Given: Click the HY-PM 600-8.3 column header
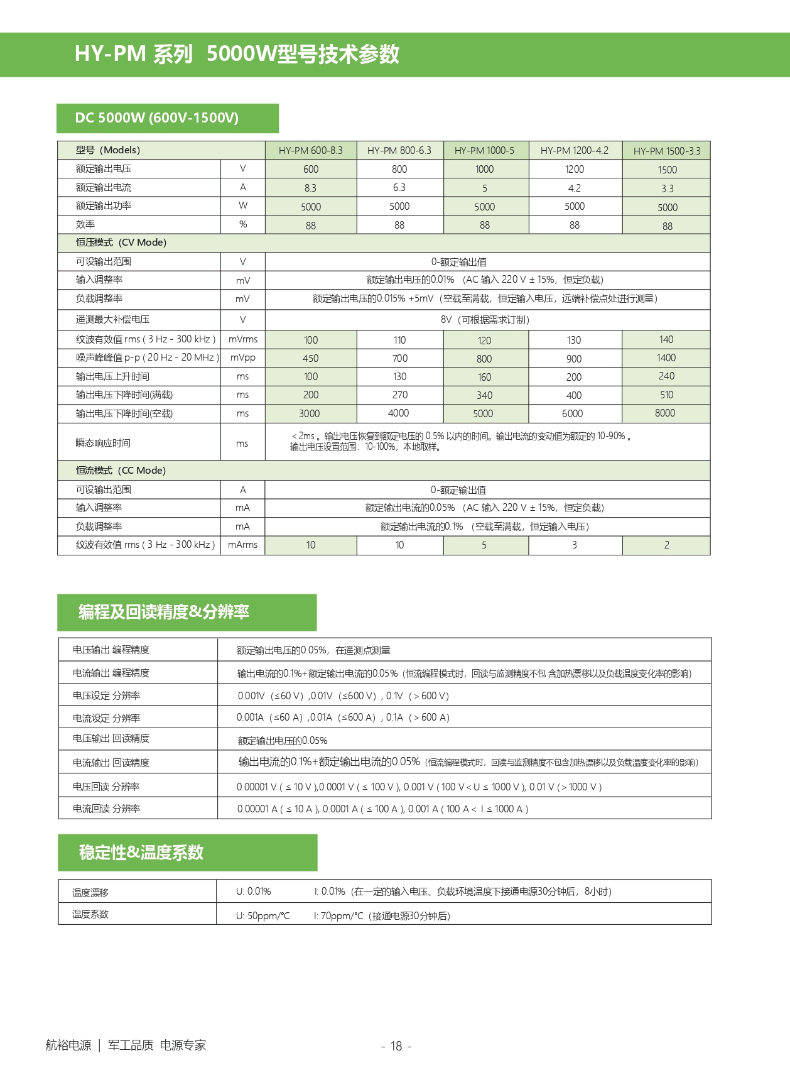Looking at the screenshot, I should click(310, 151).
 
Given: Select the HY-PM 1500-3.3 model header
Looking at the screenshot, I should click(666, 151).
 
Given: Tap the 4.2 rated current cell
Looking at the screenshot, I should click(574, 188).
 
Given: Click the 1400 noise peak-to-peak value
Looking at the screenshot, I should click(666, 358).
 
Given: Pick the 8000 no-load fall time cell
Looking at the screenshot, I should click(665, 413).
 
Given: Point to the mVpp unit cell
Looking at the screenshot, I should click(242, 358).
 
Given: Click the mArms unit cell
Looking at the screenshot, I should click(242, 545).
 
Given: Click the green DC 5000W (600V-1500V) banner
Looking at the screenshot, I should click(167, 118).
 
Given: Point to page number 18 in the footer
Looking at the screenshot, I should click(396, 1046).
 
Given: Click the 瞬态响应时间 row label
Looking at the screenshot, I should click(103, 443).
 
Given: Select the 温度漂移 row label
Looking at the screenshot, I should click(90, 892).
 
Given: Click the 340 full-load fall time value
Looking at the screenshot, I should click(484, 395).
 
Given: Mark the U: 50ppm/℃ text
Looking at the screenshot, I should click(262, 916).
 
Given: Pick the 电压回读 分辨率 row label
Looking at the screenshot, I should click(106, 787).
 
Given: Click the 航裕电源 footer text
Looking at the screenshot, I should click(68, 1045).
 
